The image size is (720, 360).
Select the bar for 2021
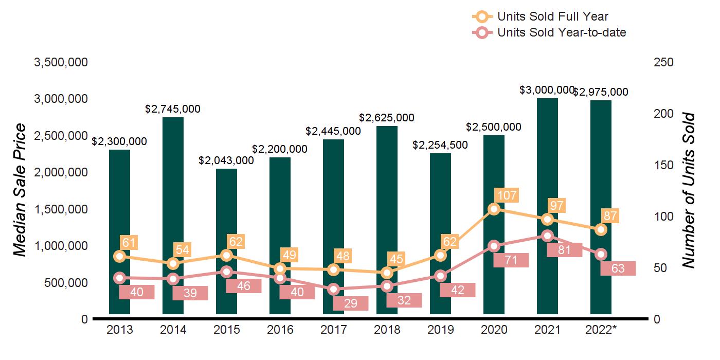(547, 154)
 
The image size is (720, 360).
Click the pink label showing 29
(351, 303)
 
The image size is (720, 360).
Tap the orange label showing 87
(611, 216)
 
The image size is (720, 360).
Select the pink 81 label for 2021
(564, 250)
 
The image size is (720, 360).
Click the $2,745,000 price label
(173, 109)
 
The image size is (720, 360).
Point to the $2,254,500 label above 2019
(440, 145)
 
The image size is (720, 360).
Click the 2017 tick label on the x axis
(333, 330)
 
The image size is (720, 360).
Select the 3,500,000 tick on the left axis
(61, 62)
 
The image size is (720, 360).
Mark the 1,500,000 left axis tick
(61, 209)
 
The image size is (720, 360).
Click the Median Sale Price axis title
(19, 190)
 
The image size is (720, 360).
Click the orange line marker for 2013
(120, 256)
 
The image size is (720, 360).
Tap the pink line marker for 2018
(387, 286)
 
